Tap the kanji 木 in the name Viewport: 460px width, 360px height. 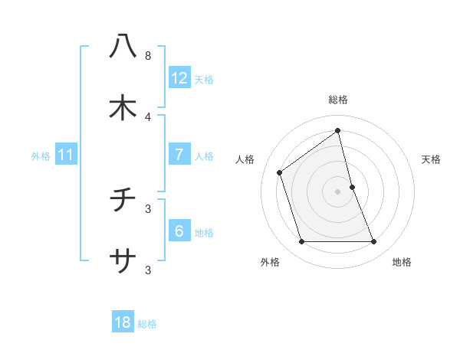click(123, 108)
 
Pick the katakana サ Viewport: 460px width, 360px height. click(123, 261)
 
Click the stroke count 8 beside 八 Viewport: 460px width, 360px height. click(147, 56)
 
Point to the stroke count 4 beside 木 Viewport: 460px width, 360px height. click(147, 116)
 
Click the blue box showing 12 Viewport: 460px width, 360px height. click(179, 78)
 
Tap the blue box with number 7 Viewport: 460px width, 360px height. click(179, 155)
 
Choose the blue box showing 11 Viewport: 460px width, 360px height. click(66, 155)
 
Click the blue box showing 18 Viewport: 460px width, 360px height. click(123, 322)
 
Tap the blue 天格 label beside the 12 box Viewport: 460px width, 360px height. click(204, 80)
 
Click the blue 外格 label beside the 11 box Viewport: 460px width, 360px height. click(41, 156)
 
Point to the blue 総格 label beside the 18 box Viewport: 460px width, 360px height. click(147, 324)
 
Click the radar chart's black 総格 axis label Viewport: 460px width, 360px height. click(338, 100)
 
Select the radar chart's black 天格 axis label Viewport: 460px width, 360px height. click(432, 159)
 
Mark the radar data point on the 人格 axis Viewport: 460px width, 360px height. click(280, 172)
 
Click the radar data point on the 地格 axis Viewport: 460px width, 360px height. click(374, 242)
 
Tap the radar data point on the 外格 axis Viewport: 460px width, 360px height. click(301, 242)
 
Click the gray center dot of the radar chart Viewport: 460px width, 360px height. click(338, 191)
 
